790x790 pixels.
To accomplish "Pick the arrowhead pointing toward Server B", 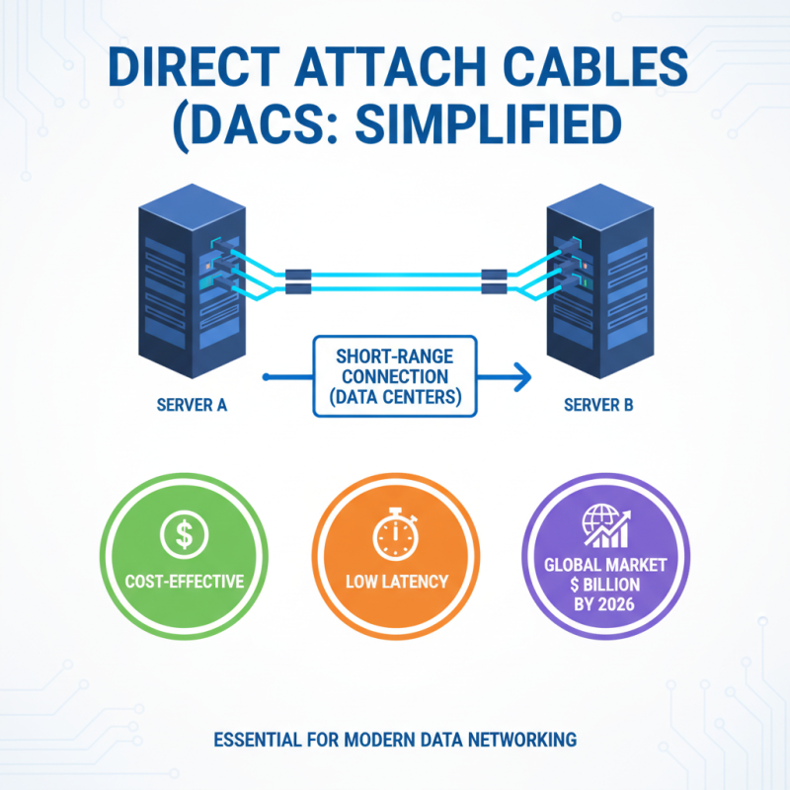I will click(522, 376).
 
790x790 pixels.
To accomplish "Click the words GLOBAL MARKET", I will click(604, 566).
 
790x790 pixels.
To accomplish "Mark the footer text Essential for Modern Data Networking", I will click(393, 739).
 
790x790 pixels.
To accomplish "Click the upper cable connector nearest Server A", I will click(298, 274).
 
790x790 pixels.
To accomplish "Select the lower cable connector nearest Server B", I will click(493, 288).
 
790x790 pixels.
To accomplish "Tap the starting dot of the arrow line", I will click(267, 376).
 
